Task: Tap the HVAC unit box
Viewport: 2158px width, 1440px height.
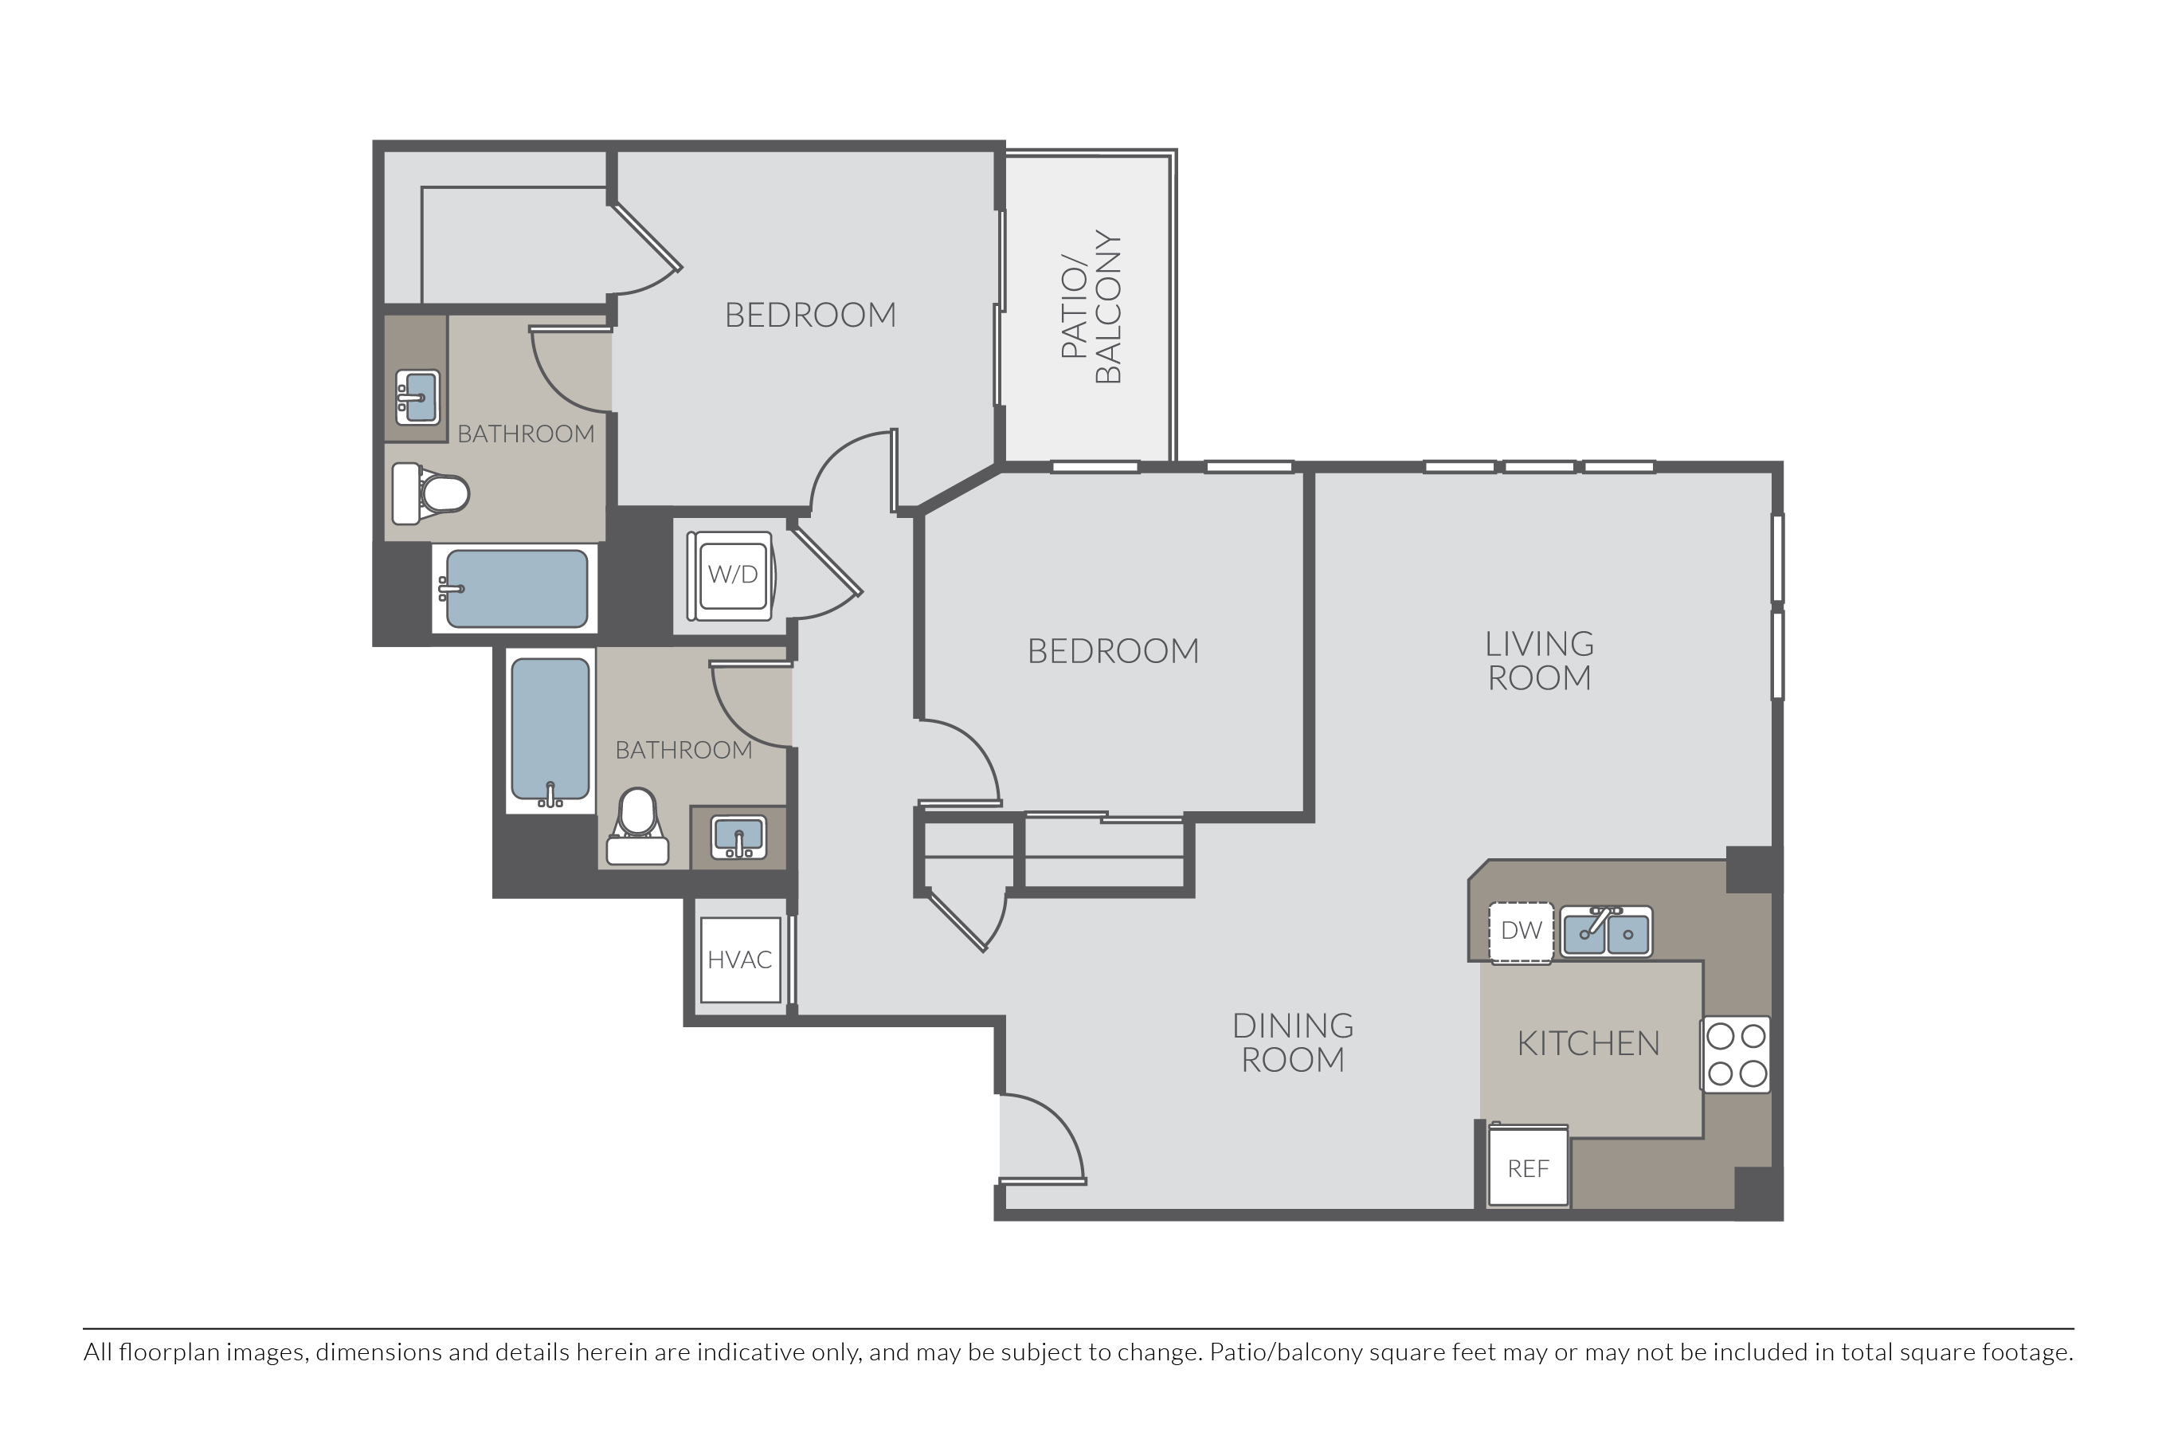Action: [x=740, y=959]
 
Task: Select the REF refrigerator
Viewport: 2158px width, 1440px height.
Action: [x=1527, y=1165]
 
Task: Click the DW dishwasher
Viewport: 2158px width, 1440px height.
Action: [x=1521, y=932]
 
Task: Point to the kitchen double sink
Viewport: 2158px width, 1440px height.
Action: [x=1606, y=932]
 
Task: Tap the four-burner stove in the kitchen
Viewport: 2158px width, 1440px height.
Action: [x=1736, y=1054]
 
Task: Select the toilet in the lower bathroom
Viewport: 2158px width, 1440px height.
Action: [x=638, y=826]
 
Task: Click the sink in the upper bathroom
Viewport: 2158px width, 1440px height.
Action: [x=417, y=396]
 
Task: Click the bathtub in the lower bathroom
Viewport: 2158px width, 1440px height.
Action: [x=550, y=732]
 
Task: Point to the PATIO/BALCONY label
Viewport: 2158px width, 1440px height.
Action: [x=1091, y=307]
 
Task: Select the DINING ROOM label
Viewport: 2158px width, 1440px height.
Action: [x=1292, y=1042]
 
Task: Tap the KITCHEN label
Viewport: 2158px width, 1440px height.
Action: [x=1588, y=1043]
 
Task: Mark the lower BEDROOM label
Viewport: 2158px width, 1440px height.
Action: [x=1113, y=651]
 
